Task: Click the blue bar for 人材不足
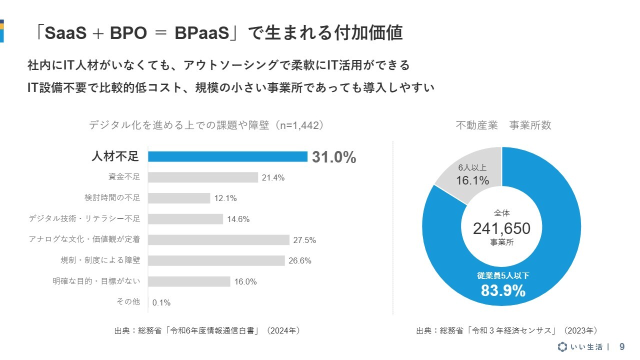pos(227,156)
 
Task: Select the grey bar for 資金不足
pos(203,177)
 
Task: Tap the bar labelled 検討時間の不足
pos(179,198)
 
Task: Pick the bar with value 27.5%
pos(218,240)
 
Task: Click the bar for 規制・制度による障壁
pos(216,260)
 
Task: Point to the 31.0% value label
pos(334,157)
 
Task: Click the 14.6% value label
pos(238,219)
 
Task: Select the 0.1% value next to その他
pos(161,302)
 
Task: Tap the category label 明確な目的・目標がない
pos(96,281)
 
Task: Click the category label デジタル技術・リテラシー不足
pos(84,219)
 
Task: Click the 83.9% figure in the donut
pos(503,290)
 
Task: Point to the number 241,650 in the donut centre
pos(501,228)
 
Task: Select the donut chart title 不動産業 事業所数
pos(503,125)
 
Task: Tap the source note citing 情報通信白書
pos(207,330)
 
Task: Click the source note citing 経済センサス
pos(506,330)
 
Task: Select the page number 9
pos(622,346)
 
